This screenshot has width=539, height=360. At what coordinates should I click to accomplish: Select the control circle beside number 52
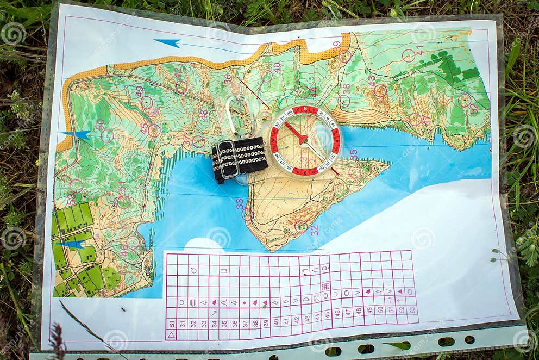click(463, 100)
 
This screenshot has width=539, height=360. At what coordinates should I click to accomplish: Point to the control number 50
click(100, 125)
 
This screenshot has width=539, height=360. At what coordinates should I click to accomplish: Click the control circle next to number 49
click(147, 102)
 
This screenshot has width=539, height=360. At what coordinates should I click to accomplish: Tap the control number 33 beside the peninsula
click(240, 203)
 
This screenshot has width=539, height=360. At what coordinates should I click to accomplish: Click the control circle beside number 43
click(380, 90)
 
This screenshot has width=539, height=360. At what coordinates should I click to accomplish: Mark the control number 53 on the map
click(71, 200)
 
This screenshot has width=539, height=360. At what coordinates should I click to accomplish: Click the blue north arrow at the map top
click(167, 42)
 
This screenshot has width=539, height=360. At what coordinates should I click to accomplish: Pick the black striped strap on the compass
click(240, 158)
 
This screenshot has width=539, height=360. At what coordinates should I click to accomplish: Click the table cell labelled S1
click(172, 322)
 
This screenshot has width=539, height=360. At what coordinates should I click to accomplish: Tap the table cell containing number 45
click(327, 314)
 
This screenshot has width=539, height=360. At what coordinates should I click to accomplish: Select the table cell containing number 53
click(412, 309)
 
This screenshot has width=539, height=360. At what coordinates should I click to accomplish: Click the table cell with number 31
click(183, 322)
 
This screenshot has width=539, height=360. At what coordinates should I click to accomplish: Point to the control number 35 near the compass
click(354, 154)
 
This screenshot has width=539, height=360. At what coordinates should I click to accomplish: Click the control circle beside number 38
click(343, 101)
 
